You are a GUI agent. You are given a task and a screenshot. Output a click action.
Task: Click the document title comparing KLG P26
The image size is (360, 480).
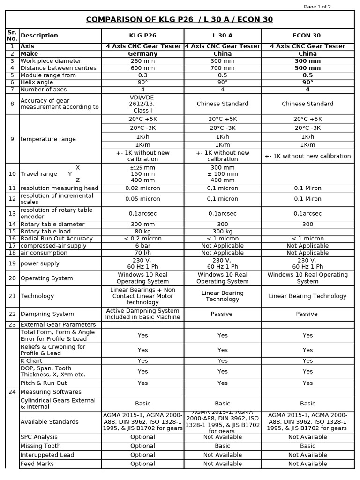pos(180,19)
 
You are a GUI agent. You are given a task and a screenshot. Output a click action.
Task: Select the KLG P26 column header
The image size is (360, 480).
pos(142,36)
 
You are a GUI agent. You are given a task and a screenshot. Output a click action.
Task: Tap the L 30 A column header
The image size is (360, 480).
pos(222,36)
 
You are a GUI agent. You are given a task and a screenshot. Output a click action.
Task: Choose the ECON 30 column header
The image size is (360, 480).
pos(307,36)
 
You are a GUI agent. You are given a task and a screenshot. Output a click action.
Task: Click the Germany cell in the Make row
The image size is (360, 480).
pos(142,54)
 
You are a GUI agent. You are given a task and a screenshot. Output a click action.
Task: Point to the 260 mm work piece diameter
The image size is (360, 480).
pos(142,61)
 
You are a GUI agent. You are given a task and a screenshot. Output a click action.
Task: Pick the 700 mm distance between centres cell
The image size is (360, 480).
pos(222,68)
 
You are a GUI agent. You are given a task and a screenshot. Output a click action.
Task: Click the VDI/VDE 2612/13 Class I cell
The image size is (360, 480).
pos(142,104)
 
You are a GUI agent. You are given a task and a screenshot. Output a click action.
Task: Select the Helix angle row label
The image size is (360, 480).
pos(37,82)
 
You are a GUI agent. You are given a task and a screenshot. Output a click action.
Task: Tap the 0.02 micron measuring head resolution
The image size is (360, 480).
pos(142,188)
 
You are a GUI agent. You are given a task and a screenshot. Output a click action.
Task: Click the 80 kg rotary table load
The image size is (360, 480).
pos(142,232)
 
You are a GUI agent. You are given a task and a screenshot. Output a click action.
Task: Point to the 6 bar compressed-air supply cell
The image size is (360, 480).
pos(142,246)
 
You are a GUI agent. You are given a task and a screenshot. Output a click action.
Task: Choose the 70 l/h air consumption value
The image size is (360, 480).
pos(142,253)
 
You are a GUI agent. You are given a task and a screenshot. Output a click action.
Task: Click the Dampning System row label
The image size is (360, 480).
pos(47,314)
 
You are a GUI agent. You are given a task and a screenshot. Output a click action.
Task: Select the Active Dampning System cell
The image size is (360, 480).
pos(142,314)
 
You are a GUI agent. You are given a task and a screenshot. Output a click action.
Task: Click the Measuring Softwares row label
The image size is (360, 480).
pos(51,392)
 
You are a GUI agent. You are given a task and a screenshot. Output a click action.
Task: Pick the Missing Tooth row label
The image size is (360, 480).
pos(41,446)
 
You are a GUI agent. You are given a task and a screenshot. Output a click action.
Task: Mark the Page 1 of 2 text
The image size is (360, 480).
pos(317,7)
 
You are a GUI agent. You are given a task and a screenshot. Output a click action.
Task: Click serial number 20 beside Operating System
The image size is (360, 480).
pos(12,278)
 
